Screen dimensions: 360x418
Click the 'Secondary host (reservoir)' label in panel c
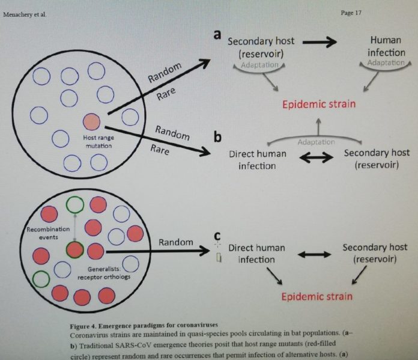click(375, 253)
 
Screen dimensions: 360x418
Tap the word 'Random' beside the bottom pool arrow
click(175, 242)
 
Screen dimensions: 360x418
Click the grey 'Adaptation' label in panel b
click(316, 142)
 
